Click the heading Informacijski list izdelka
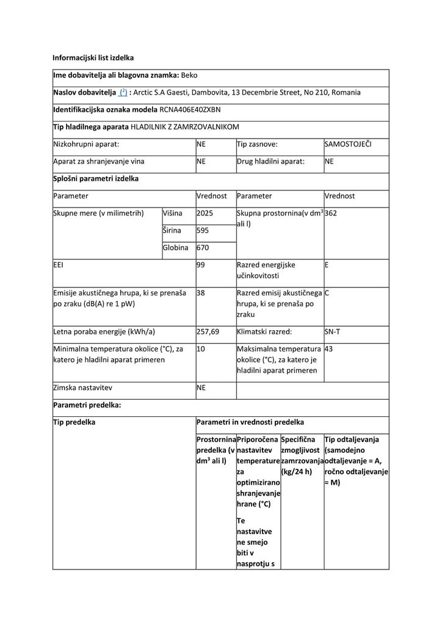(93, 58)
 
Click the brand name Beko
(189, 75)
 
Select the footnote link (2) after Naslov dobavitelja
(123, 93)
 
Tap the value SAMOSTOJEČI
(348, 145)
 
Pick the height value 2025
(205, 214)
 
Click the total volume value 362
(331, 214)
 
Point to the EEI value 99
(201, 266)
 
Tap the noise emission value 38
(201, 293)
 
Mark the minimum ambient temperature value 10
(201, 349)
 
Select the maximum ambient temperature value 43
(329, 349)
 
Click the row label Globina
(176, 248)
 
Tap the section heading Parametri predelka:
(87, 405)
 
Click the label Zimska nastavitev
(82, 388)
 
